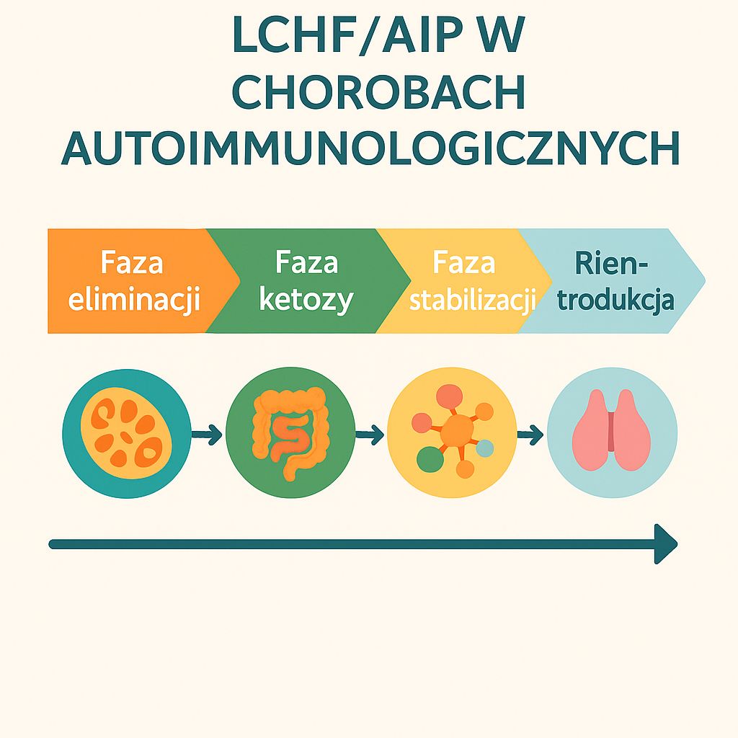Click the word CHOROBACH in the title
[369, 94]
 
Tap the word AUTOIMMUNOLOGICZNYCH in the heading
[369, 149]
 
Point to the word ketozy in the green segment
[306, 299]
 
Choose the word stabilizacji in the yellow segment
[472, 300]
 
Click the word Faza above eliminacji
[132, 263]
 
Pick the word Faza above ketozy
[306, 263]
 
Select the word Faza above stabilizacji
[464, 263]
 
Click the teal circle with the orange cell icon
[127, 432]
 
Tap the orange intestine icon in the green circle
[290, 432]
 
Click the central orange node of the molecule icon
[456, 431]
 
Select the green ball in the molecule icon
[429, 459]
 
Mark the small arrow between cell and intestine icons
[208, 435]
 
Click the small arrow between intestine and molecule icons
[370, 435]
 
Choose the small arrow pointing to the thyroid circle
[531, 435]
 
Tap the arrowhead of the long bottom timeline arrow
[666, 543]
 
